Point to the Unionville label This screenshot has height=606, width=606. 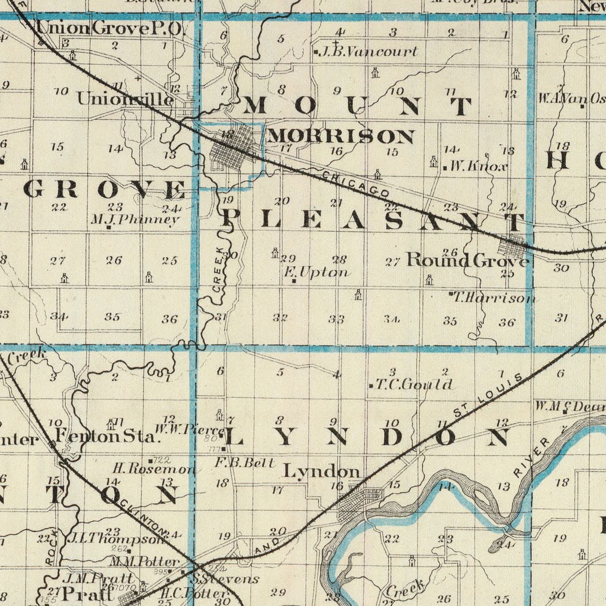click(x=126, y=99)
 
